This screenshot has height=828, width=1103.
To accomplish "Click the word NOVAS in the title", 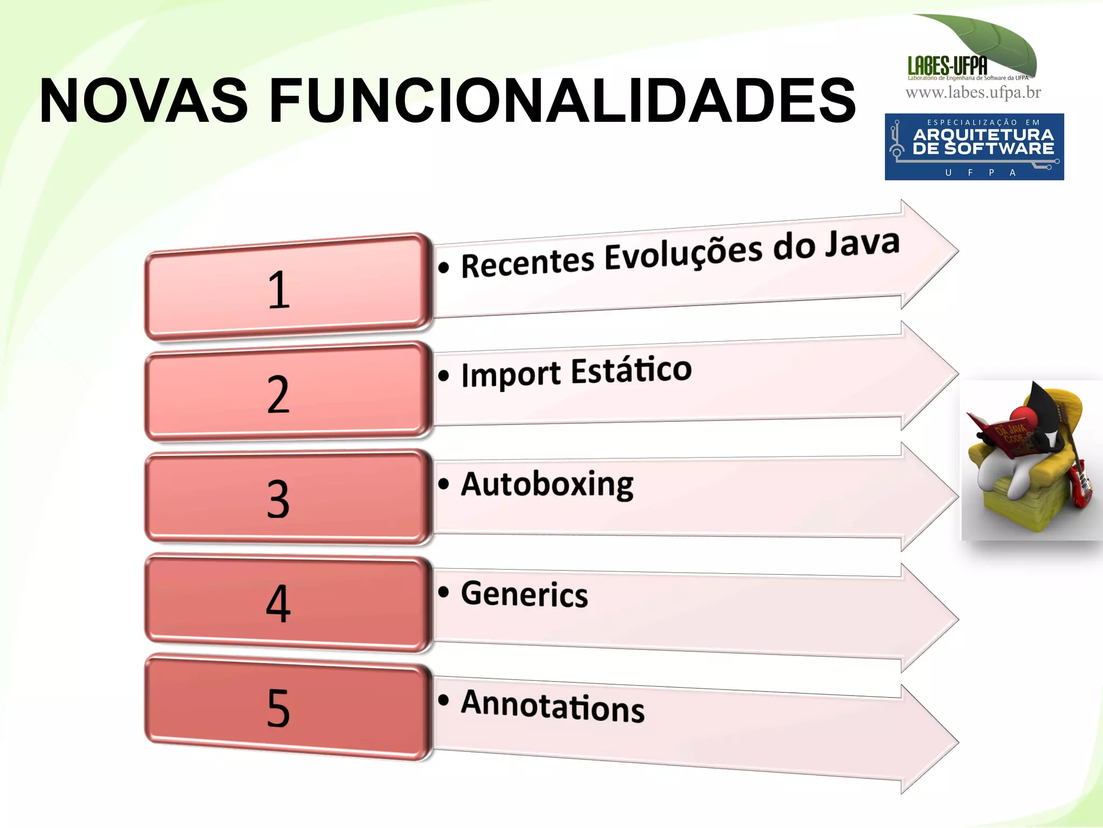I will (144, 101).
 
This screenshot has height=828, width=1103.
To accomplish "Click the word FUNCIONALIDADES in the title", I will (562, 101).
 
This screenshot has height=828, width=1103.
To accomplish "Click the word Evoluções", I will (683, 254).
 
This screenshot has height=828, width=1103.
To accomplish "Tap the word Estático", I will (631, 371).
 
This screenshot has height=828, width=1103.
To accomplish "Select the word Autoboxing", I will (547, 484).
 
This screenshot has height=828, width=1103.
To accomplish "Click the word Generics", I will (524, 594).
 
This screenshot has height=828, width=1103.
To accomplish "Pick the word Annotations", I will (553, 705).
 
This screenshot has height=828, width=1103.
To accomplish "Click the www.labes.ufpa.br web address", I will (973, 93).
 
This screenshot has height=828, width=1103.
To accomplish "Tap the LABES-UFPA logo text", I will (947, 66).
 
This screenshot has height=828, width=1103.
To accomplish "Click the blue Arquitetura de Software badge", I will (974, 147).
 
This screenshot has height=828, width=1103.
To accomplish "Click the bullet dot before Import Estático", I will (443, 375).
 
